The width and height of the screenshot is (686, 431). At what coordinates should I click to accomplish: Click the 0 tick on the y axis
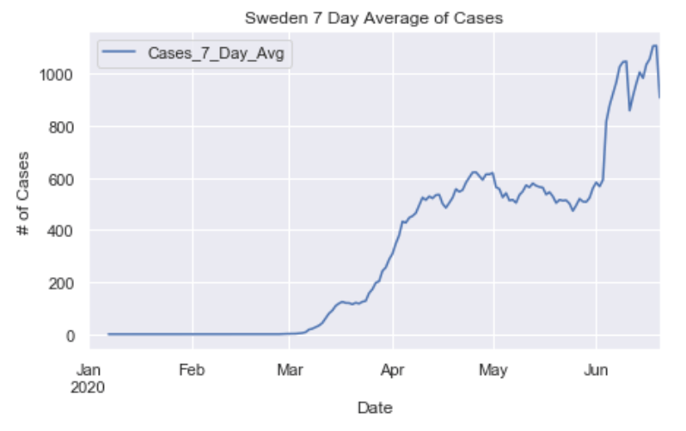click(x=71, y=336)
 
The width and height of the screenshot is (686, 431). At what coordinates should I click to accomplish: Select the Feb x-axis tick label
click(x=192, y=371)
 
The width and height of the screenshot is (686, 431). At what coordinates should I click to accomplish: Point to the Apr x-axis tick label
click(x=393, y=371)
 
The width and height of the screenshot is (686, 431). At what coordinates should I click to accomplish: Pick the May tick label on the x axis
click(x=493, y=371)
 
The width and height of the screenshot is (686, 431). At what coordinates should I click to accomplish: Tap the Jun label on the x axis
click(x=596, y=371)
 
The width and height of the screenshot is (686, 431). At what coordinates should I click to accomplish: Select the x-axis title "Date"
click(x=375, y=408)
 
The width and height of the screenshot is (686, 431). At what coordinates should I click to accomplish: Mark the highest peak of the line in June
click(x=654, y=46)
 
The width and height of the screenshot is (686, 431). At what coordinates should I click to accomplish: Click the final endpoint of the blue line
click(x=659, y=98)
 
